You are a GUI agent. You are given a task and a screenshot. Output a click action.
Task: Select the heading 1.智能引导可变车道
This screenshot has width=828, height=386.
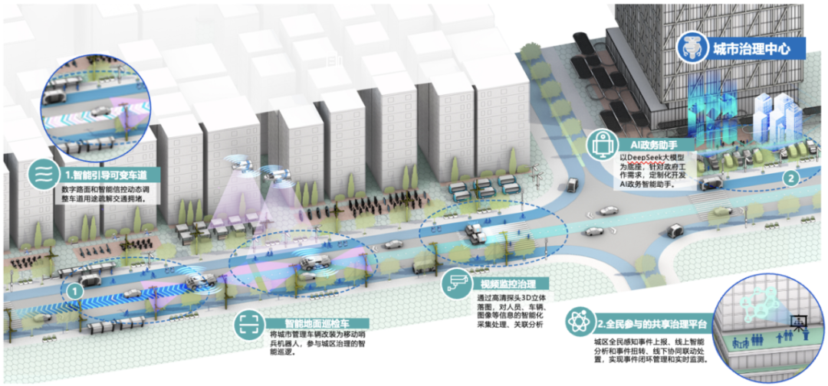point(104,175)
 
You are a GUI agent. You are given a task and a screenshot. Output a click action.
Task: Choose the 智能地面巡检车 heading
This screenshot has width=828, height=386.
point(305,323)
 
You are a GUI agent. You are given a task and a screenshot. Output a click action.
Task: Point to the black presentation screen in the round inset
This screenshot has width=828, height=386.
point(799,319)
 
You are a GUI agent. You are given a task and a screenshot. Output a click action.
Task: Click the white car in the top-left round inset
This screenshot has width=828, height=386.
point(100,112)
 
